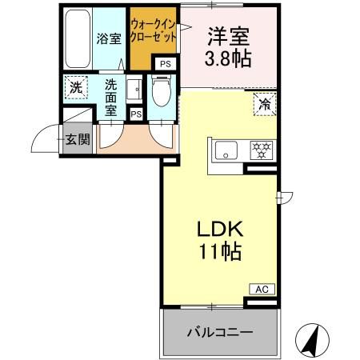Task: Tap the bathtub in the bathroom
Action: pyautogui.click(x=78, y=38)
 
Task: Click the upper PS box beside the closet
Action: pyautogui.click(x=166, y=63)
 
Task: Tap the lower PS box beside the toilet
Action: pyautogui.click(x=136, y=114)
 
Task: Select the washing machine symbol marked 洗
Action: pyautogui.click(x=74, y=86)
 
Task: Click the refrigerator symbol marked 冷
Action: pyautogui.click(x=263, y=102)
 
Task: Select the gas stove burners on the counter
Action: pyautogui.click(x=261, y=149)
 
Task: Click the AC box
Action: pyautogui.click(x=260, y=289)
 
